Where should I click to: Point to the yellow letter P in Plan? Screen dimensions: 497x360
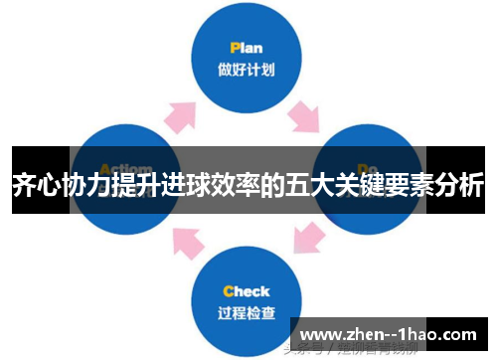pyautogui.click(x=234, y=47)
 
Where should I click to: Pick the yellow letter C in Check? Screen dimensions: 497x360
pyautogui.click(x=229, y=291)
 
